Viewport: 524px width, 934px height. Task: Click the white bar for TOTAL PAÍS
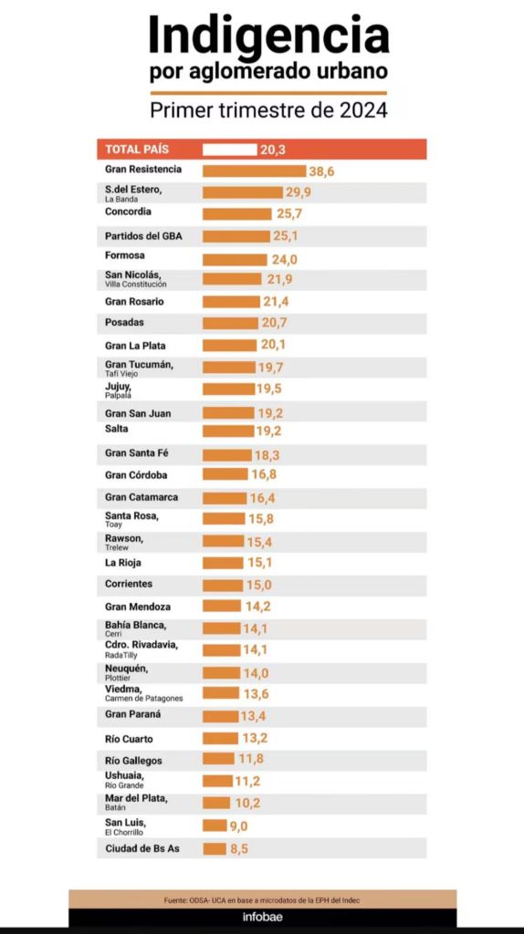(x=229, y=150)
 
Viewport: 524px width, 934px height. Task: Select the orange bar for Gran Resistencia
(x=254, y=171)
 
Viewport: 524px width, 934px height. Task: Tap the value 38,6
(x=322, y=171)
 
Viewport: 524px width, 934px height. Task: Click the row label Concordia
(x=128, y=212)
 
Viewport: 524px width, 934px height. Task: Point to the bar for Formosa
(x=235, y=259)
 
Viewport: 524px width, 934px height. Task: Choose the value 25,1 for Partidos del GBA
(x=286, y=236)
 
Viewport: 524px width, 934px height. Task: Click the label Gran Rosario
(x=134, y=301)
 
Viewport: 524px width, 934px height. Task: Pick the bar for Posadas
(x=230, y=323)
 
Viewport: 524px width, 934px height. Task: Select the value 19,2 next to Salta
(x=269, y=431)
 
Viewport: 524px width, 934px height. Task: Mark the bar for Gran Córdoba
(x=225, y=474)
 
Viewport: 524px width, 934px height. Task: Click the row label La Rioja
(x=123, y=562)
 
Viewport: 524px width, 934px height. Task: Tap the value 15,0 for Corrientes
(x=259, y=585)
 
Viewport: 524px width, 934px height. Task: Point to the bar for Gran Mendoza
(x=221, y=606)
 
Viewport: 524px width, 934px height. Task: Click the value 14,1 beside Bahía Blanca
(x=255, y=628)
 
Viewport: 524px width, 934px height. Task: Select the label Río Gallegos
(x=133, y=761)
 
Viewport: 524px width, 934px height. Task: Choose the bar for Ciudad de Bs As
(x=215, y=849)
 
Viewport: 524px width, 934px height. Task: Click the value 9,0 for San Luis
(x=240, y=825)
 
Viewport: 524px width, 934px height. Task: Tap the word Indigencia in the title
(x=269, y=36)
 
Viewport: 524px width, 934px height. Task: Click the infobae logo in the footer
(x=262, y=918)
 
